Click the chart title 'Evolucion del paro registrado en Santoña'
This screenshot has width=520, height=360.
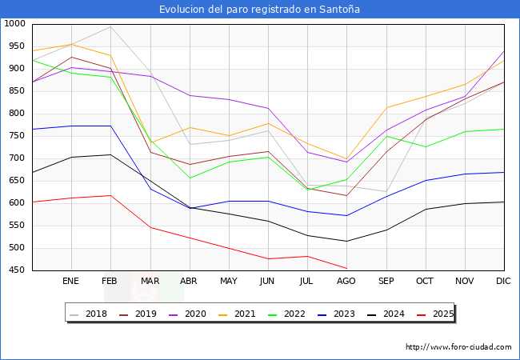[260, 10]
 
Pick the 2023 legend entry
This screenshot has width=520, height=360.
[338, 314]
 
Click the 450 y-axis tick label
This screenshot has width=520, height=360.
[17, 270]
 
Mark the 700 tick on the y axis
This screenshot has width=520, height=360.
[17, 158]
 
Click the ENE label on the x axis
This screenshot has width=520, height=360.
[71, 282]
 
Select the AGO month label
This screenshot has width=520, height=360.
[346, 282]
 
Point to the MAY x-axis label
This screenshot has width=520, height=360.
[229, 282]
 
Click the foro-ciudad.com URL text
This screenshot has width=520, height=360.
[458, 347]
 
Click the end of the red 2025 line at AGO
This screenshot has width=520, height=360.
[346, 268]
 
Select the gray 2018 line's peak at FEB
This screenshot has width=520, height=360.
[110, 27]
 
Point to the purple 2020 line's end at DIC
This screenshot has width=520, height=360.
[504, 51]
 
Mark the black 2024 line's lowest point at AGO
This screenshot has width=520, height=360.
[346, 241]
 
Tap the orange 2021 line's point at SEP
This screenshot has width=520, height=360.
[386, 108]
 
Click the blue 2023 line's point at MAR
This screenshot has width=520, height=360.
[150, 189]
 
